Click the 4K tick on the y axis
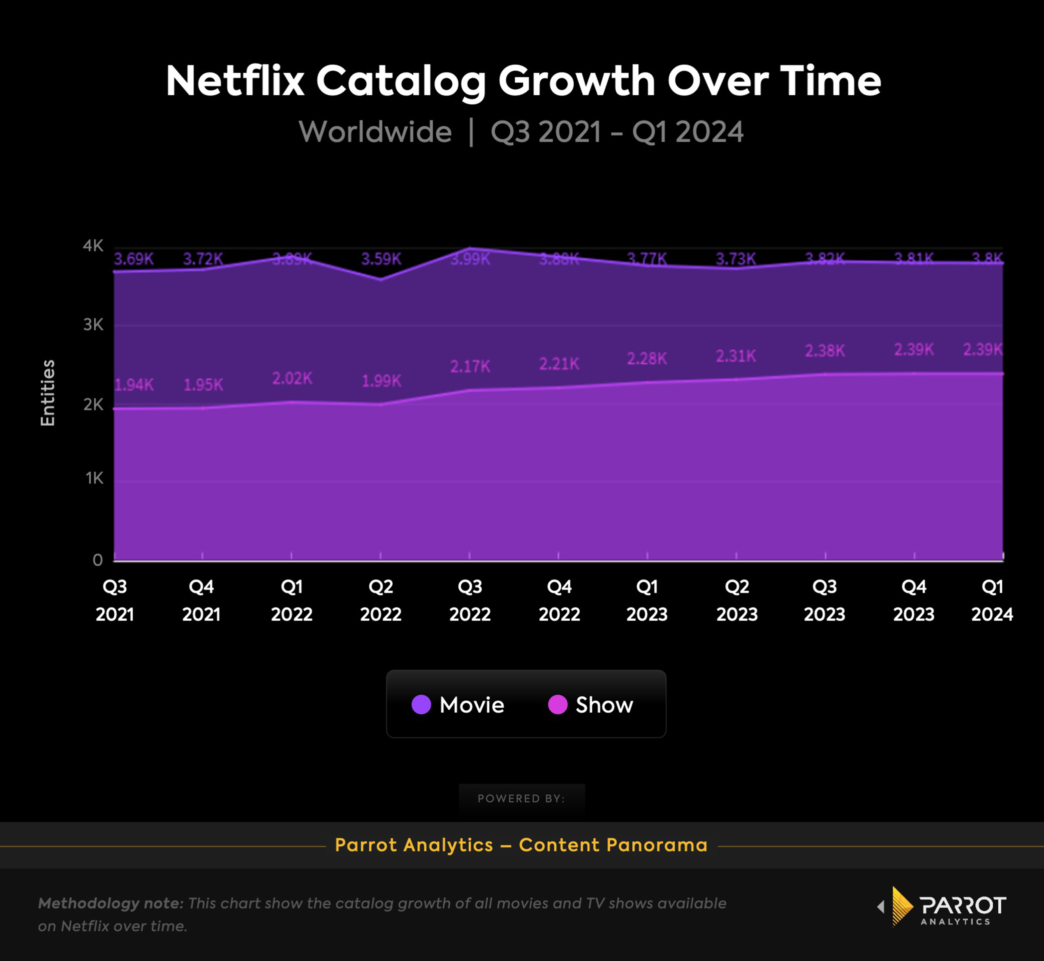click(x=93, y=246)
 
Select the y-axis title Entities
click(x=47, y=393)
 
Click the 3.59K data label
click(x=381, y=259)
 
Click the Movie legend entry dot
click(x=421, y=705)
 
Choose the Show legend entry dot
click(x=557, y=705)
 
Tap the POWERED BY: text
click(x=521, y=798)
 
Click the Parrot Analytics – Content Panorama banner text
click(x=521, y=845)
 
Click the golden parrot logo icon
click(x=902, y=906)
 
